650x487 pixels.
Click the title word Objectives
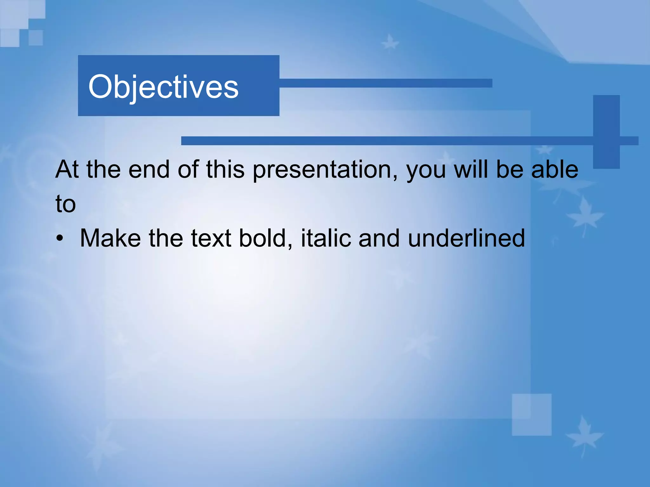[x=163, y=87]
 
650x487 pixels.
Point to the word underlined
[x=466, y=238]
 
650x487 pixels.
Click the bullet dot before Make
[x=60, y=239]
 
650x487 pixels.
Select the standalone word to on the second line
[x=65, y=204]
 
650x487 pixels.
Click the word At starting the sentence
[x=67, y=170]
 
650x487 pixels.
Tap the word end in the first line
[x=149, y=170]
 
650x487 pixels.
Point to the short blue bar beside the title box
[x=385, y=83]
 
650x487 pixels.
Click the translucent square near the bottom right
[x=531, y=415]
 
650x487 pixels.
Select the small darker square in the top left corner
[x=36, y=38]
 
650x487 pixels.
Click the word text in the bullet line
[x=211, y=238]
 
